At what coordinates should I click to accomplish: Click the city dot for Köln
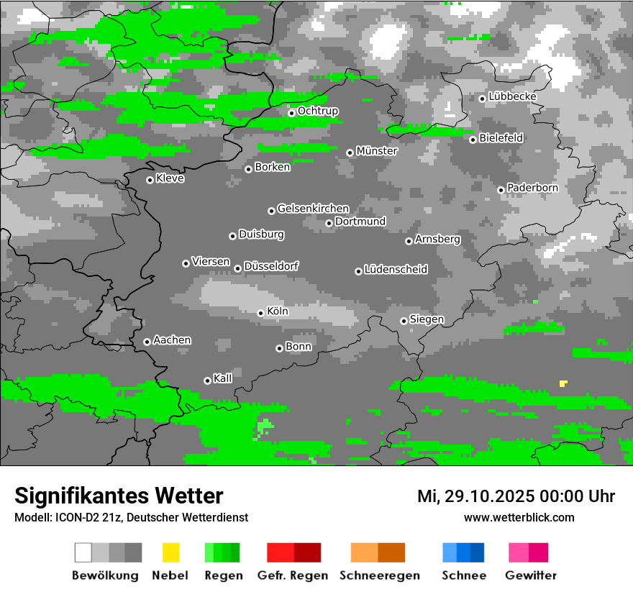pyautogui.click(x=260, y=313)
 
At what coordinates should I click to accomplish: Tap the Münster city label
pyautogui.click(x=377, y=151)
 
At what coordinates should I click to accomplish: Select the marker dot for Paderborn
pyautogui.click(x=501, y=190)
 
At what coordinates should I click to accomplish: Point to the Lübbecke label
pyautogui.click(x=512, y=96)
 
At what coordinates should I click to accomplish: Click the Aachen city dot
pyautogui.click(x=147, y=342)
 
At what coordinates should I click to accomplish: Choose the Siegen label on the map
pyautogui.click(x=427, y=319)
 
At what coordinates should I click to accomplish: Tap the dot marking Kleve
pyautogui.click(x=150, y=180)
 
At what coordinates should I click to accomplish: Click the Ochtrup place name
pyautogui.click(x=318, y=111)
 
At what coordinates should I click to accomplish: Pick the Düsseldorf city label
pyautogui.click(x=271, y=266)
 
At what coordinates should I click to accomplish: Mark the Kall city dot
pyautogui.click(x=207, y=380)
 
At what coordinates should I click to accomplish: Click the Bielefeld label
pyautogui.click(x=501, y=137)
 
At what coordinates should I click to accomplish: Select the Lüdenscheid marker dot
pyautogui.click(x=358, y=271)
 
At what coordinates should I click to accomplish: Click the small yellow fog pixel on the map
pyautogui.click(x=563, y=383)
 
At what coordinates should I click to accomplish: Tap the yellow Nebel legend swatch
pyautogui.click(x=170, y=552)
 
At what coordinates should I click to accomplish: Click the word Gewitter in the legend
pyautogui.click(x=531, y=575)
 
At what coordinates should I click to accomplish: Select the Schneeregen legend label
pyautogui.click(x=380, y=575)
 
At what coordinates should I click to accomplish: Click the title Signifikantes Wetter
pyautogui.click(x=119, y=496)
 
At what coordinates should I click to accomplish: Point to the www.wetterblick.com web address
pyautogui.click(x=519, y=517)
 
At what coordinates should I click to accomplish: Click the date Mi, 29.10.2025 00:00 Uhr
pyautogui.click(x=516, y=496)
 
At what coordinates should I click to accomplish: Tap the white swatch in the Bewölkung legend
pyautogui.click(x=83, y=552)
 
